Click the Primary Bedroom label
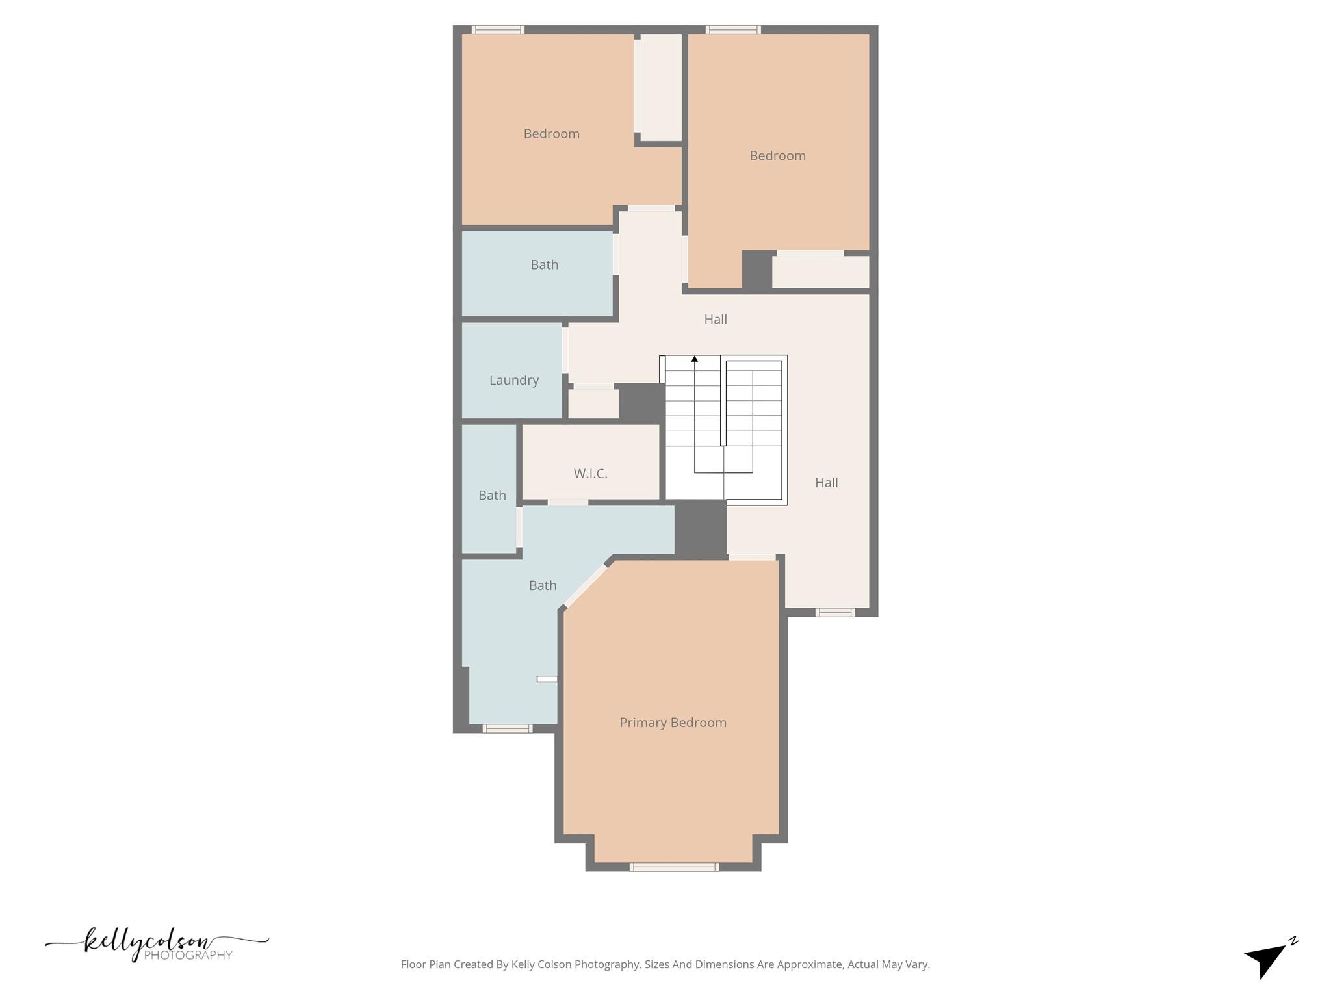tap(673, 723)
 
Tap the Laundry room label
tap(513, 380)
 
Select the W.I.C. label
tap(590, 474)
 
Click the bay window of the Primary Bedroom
tap(674, 867)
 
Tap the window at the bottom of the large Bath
tap(507, 728)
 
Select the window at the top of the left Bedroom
tap(498, 30)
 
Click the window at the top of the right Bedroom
tap(733, 30)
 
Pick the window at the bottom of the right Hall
tap(834, 612)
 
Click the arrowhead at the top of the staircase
tap(694, 359)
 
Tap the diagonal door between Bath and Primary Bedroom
tap(586, 586)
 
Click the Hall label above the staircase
tap(716, 319)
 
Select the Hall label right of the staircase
tap(826, 483)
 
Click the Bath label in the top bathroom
tap(544, 264)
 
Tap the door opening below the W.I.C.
tap(567, 502)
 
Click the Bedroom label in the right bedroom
tap(777, 155)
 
